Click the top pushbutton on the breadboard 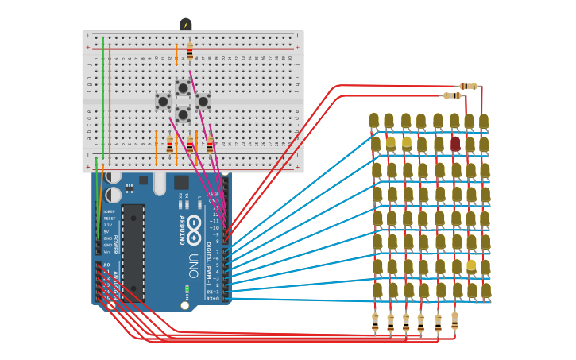click(x=183, y=87)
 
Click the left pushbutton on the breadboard click(x=163, y=101)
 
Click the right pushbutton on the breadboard click(x=203, y=101)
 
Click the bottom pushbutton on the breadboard click(x=183, y=114)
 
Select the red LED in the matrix click(x=455, y=143)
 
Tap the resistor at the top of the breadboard click(x=190, y=52)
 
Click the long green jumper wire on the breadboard click(x=102, y=95)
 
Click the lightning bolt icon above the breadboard click(x=186, y=25)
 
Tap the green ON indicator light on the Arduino click(x=187, y=288)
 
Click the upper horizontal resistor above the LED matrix click(x=468, y=86)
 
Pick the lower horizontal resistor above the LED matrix click(x=451, y=95)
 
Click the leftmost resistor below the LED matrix click(x=375, y=322)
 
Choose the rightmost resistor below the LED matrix click(x=454, y=320)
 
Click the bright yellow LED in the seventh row click(x=471, y=266)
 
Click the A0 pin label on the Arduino click(x=106, y=265)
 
